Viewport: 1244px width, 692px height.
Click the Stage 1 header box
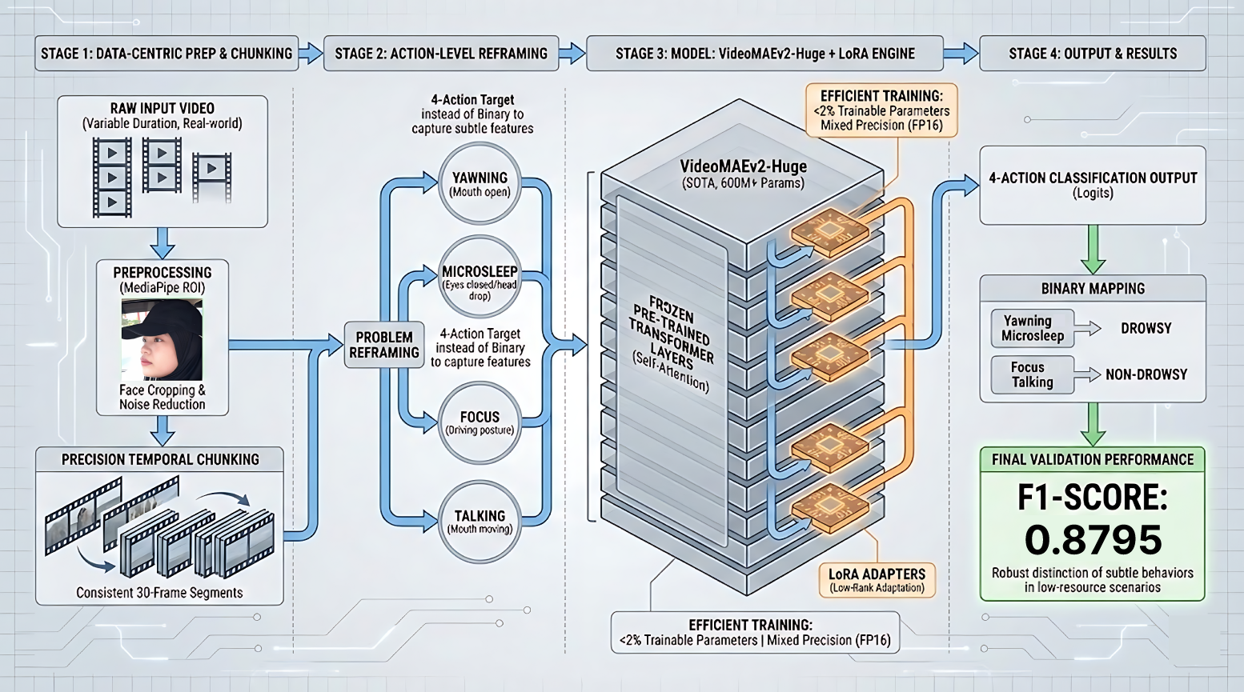click(167, 54)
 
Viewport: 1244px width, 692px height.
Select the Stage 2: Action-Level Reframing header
click(441, 54)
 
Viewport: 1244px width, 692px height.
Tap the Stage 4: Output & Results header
click(1093, 54)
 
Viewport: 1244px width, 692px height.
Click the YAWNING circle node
click(480, 184)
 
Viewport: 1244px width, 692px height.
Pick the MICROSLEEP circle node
click(480, 278)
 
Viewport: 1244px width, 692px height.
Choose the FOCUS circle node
click(480, 423)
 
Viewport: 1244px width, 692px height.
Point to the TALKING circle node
click(480, 521)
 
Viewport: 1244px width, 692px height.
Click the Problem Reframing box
click(384, 345)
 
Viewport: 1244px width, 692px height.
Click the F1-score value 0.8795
click(1093, 540)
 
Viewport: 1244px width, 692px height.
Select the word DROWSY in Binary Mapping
click(1146, 329)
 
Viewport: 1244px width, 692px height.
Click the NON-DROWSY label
click(1146, 374)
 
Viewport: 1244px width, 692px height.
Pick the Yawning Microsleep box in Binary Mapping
click(1033, 328)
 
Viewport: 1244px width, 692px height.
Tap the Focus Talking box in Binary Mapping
click(1033, 374)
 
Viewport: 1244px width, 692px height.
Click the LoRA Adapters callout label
click(877, 580)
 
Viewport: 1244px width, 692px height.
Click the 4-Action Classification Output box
click(1093, 185)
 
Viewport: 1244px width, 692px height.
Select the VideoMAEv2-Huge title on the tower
click(743, 167)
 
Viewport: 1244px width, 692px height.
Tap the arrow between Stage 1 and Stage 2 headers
click(311, 54)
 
